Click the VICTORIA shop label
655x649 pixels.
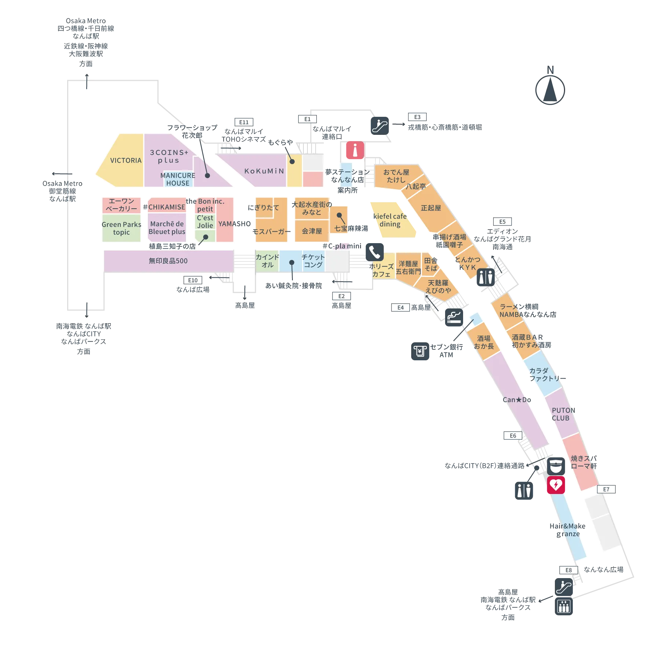coord(125,161)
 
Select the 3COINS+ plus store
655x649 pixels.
coord(168,156)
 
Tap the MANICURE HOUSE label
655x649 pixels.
coord(178,179)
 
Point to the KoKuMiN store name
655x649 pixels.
coord(264,171)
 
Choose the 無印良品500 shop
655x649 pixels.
coord(168,261)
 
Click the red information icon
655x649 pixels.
coord(355,151)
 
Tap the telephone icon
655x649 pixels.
coord(374,252)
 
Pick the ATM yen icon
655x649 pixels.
coord(421,351)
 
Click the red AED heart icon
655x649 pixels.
coord(556,485)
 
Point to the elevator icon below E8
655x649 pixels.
coord(564,606)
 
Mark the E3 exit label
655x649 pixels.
coord(417,117)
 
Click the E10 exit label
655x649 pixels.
coord(193,280)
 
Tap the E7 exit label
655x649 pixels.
coord(606,489)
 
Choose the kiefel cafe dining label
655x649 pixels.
coord(390,220)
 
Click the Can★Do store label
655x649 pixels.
coord(517,400)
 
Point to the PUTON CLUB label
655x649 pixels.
coord(563,414)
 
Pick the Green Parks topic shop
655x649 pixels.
coord(121,228)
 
